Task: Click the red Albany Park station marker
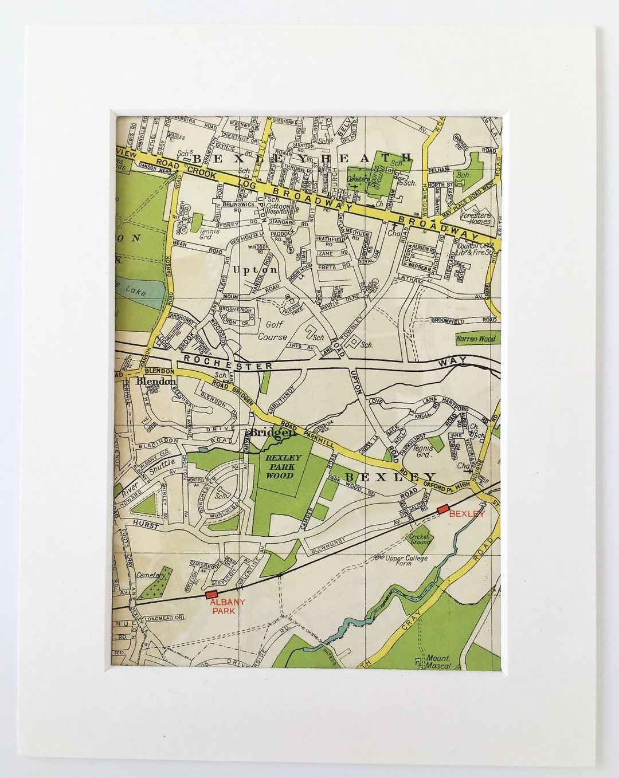click(212, 595)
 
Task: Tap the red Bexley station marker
click(442, 509)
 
